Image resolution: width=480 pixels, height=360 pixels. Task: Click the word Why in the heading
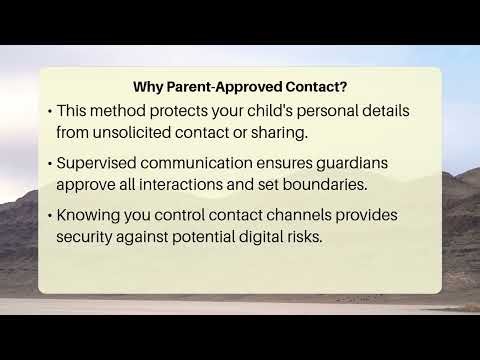[x=148, y=85]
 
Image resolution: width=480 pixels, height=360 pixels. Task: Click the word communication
[x=211, y=164]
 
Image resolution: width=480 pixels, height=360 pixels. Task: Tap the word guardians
[x=375, y=164]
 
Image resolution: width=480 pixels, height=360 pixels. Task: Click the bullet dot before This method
[x=50, y=110]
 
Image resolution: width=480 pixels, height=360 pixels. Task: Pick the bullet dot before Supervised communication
[x=50, y=164]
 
